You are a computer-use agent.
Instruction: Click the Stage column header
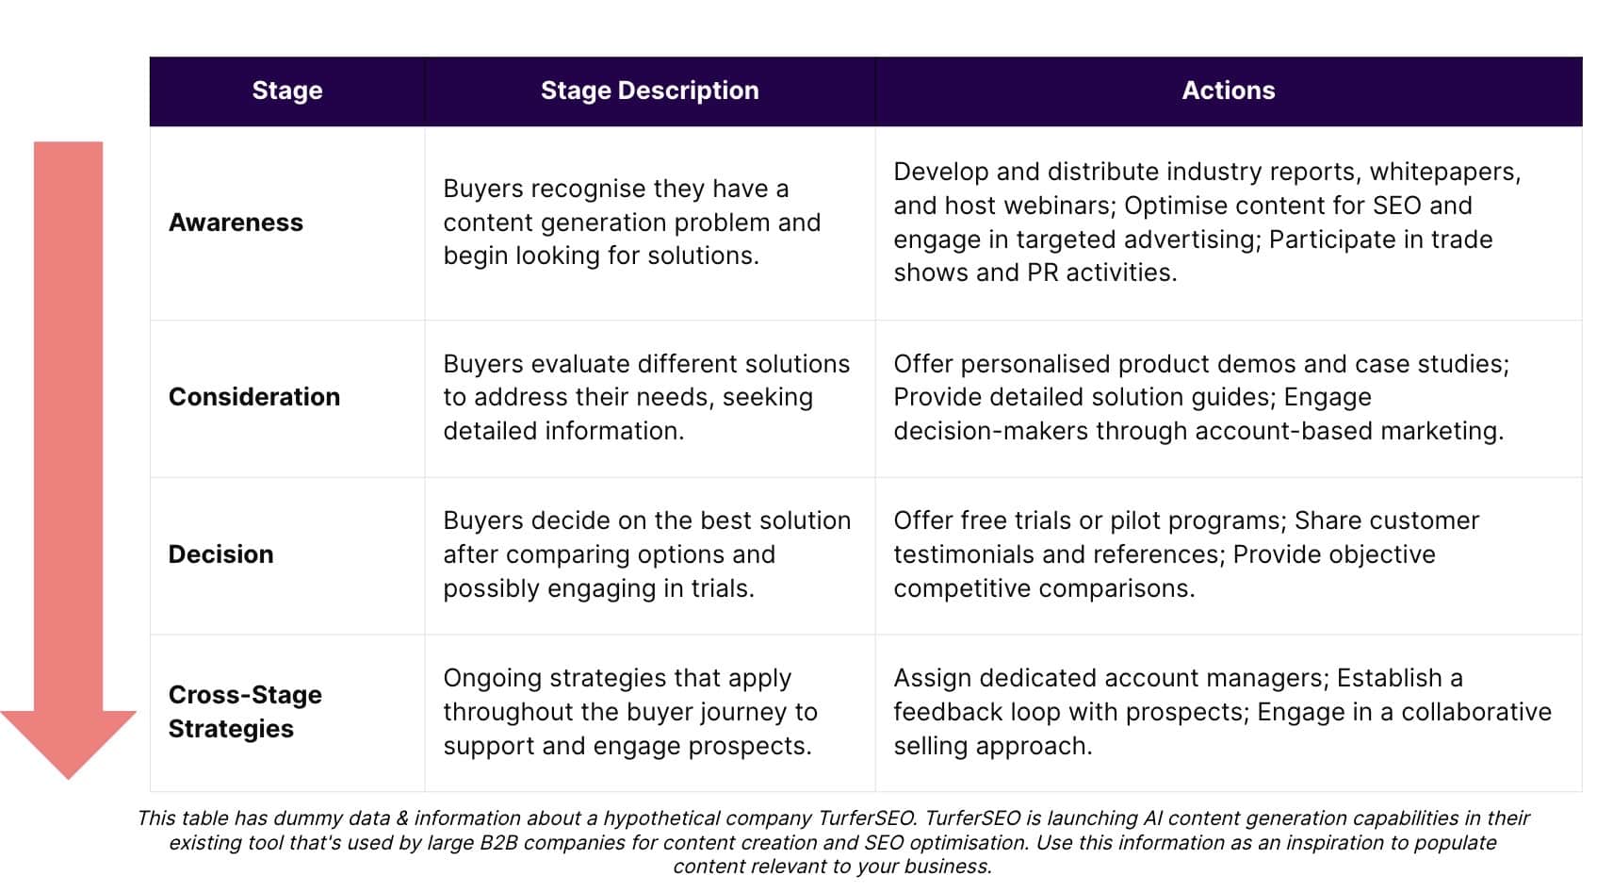[287, 91]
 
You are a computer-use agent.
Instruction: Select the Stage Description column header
[649, 91]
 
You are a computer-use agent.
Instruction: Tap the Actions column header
[1229, 91]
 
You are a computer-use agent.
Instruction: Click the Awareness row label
[236, 223]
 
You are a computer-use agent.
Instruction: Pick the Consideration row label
[254, 397]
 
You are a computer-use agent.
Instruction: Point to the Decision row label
[221, 554]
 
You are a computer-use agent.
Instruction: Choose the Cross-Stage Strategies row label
[245, 712]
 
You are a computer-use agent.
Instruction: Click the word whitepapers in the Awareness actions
[1444, 173]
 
